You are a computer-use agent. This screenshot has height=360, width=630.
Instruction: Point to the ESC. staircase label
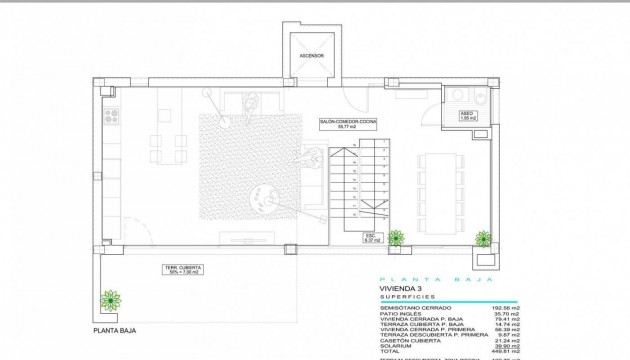(371, 238)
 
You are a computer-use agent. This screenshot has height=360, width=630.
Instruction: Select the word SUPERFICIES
(405, 297)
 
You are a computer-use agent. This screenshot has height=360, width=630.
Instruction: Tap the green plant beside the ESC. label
(395, 238)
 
